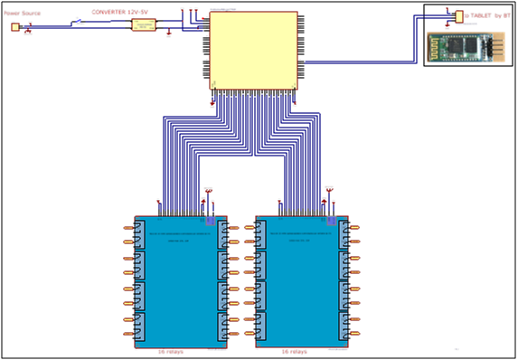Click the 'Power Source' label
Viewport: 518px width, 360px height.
coord(22,14)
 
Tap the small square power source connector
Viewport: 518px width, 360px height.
coord(14,27)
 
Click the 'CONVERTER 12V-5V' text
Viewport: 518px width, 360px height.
coord(121,13)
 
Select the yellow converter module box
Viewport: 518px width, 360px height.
coord(144,26)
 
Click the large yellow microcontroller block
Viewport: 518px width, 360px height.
coord(253,51)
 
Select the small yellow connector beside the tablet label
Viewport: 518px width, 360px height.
coord(459,16)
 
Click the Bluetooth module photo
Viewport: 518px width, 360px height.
coord(463,44)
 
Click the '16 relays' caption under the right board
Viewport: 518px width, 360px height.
coord(294,351)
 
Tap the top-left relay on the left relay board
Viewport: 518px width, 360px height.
coord(140,237)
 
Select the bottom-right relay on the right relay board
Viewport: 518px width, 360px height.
coord(344,327)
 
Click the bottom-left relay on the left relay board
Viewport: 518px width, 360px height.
coord(140,327)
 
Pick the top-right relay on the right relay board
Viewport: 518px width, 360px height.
coord(344,237)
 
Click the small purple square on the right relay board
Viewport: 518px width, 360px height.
coord(333,220)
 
